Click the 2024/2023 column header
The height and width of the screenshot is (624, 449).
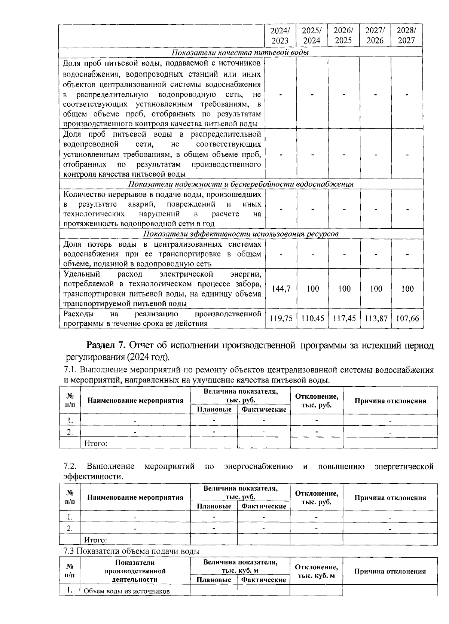coord(280,35)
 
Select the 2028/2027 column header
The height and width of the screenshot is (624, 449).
coord(406,35)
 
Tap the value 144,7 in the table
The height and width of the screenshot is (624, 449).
coord(280,289)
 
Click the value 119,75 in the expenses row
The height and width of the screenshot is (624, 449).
coord(280,319)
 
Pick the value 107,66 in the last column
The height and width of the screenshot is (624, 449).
coord(407,319)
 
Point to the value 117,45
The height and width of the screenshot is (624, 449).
coord(344,319)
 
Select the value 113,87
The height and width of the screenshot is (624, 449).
coord(375,319)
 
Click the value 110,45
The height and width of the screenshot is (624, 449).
coord(312,319)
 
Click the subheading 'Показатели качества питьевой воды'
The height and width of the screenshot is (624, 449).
coord(240,52)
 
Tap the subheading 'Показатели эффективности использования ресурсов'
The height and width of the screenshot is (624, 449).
coord(241,234)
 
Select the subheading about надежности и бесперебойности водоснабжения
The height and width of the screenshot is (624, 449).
coord(241,184)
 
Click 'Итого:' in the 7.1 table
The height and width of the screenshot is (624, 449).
coord(96,444)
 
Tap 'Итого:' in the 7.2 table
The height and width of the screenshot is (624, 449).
coord(96,540)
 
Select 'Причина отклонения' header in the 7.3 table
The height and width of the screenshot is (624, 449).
coord(390,571)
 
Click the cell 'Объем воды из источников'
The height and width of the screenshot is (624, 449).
coord(127,591)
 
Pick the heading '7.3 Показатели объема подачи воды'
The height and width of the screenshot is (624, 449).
coord(131,551)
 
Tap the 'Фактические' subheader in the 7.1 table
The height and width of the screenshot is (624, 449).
coord(264,409)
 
